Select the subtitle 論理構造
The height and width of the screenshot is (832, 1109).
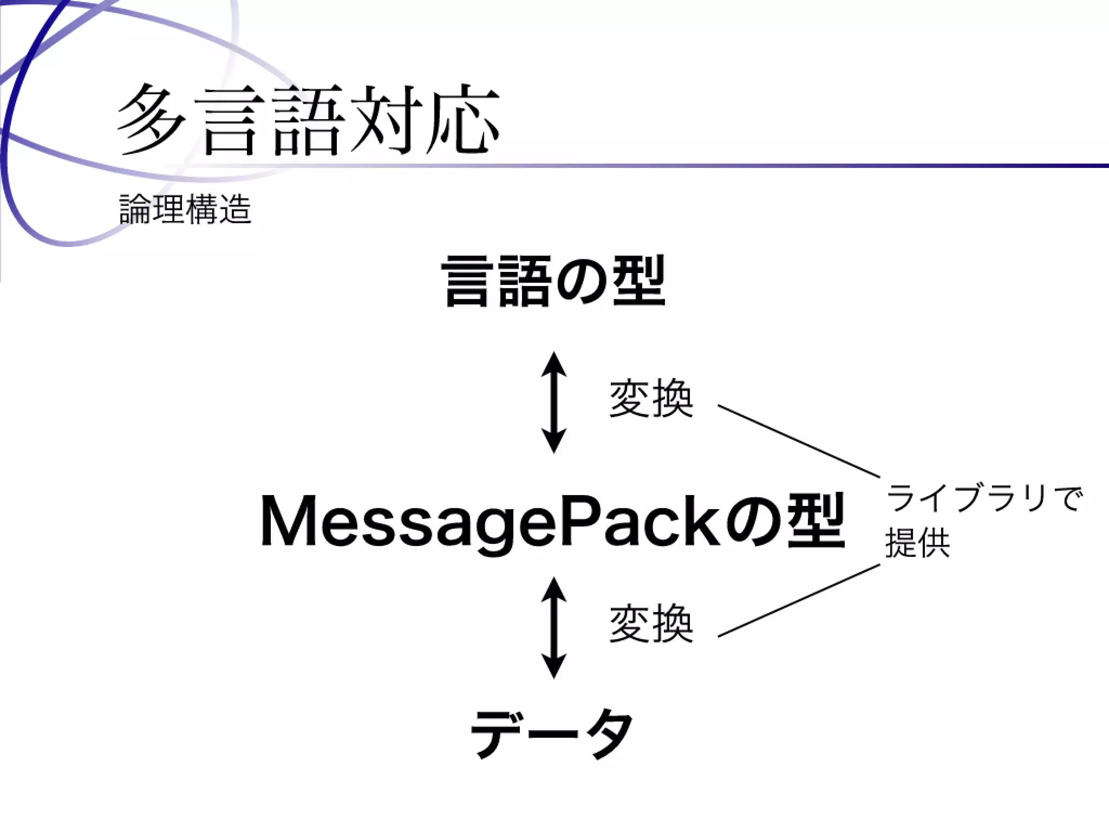[x=185, y=210]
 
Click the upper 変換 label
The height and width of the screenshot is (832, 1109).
[x=651, y=399]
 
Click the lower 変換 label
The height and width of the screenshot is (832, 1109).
[x=651, y=624]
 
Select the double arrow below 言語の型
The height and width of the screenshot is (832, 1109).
[x=553, y=402]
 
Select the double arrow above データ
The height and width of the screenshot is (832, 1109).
[x=553, y=627]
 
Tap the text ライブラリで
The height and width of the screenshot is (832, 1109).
[x=983, y=499]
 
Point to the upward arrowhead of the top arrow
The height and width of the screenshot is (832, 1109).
[x=553, y=363]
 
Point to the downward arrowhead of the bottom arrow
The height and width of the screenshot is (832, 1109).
[x=553, y=666]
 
